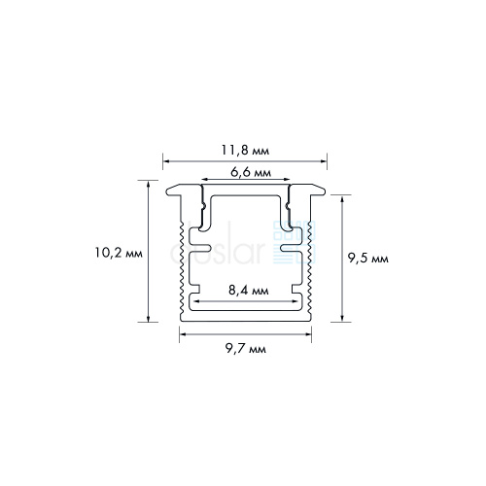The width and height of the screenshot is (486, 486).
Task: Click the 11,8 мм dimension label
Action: point(245,151)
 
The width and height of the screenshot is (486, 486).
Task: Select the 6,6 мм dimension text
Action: point(251,172)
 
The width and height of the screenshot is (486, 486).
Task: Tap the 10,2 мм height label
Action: point(119,253)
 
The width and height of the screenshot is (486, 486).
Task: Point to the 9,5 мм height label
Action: point(368,259)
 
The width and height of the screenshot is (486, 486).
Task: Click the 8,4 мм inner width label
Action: point(249,291)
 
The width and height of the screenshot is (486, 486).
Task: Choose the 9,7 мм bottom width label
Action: point(246,349)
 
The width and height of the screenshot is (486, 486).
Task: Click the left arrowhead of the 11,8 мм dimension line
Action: point(166,160)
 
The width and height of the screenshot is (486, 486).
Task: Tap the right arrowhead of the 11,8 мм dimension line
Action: point(324,160)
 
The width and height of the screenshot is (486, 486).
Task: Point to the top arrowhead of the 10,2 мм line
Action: point(149,184)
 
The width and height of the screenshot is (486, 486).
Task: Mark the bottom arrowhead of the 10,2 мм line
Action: point(149,319)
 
